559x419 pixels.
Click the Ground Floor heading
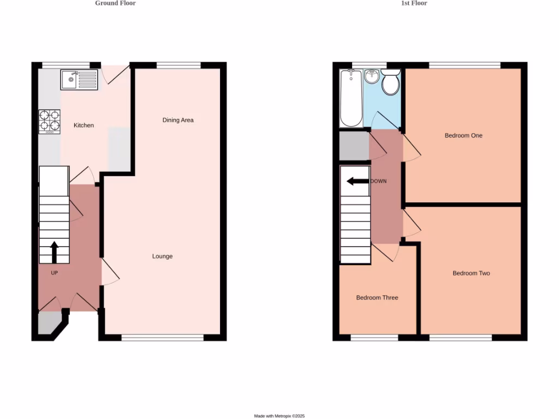(x=115, y=3)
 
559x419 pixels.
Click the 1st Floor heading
(x=414, y=3)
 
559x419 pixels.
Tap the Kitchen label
(x=84, y=125)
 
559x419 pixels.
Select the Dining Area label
(x=178, y=120)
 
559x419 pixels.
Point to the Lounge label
(x=162, y=256)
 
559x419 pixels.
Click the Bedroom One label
(x=463, y=135)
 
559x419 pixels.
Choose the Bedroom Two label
(x=471, y=273)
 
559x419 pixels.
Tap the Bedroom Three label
(x=377, y=298)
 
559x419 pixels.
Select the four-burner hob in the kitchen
(x=49, y=122)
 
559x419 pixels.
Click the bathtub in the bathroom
(x=350, y=98)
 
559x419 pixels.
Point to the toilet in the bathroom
(x=390, y=82)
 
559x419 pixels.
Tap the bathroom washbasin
(x=371, y=76)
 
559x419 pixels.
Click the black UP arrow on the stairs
(x=54, y=253)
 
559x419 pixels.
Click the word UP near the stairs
(x=54, y=273)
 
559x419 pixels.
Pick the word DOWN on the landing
(x=378, y=181)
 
